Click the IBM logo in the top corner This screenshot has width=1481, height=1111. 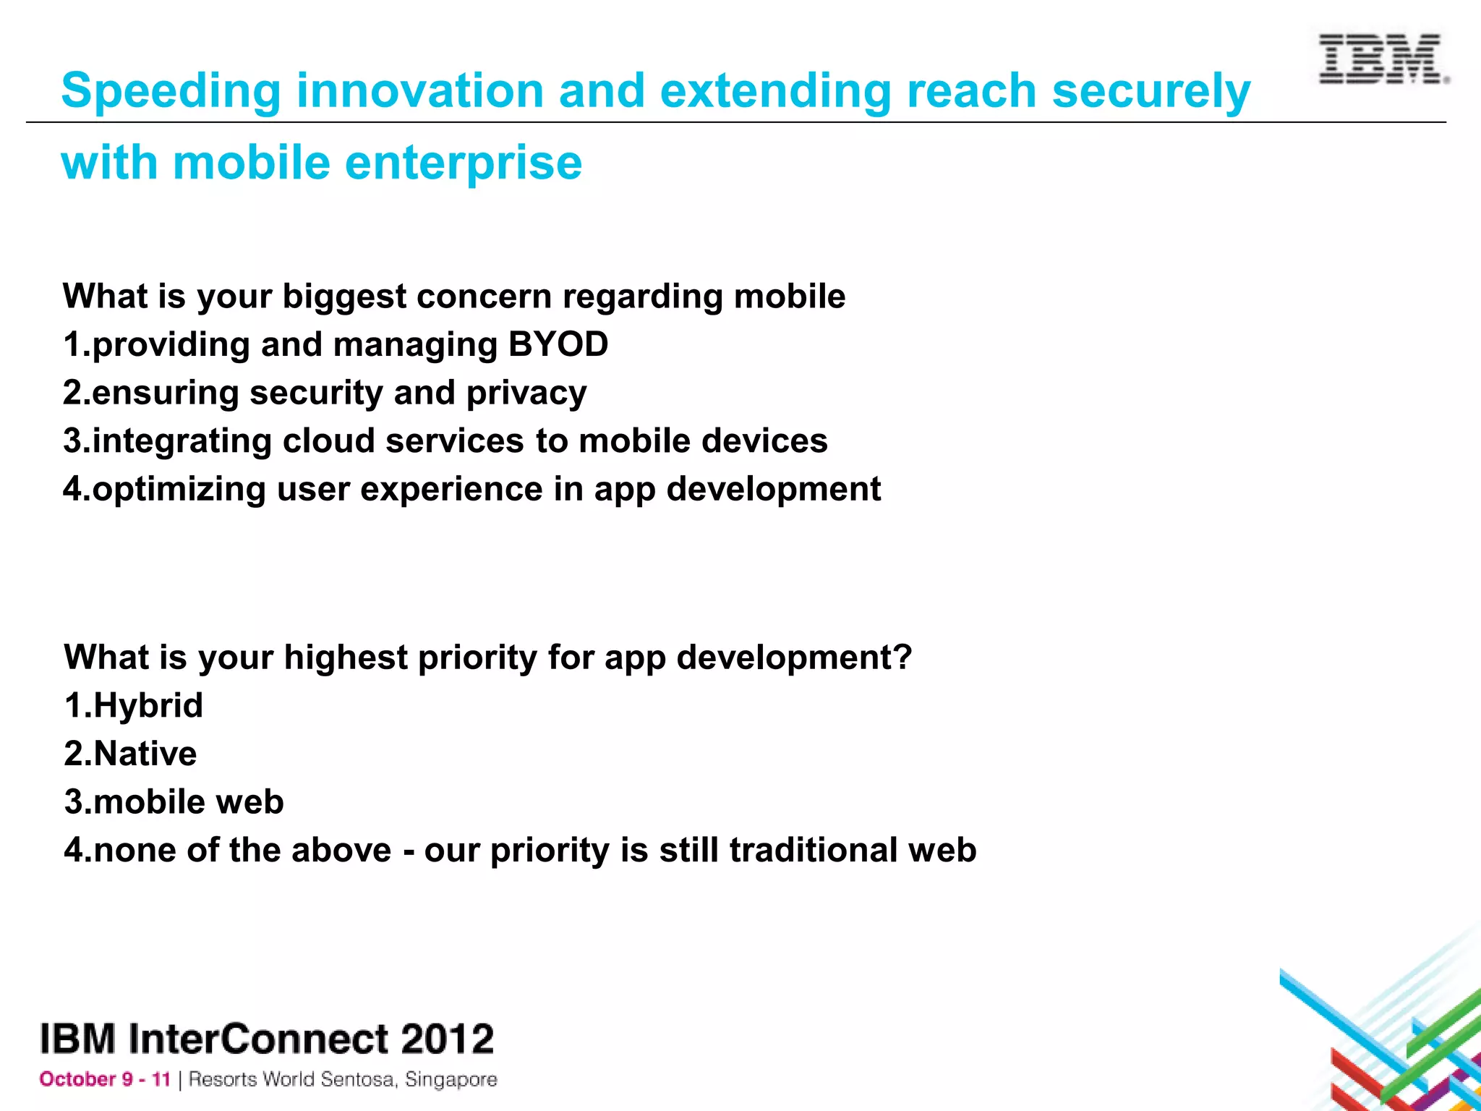tap(1383, 59)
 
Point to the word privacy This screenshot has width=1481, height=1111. tap(526, 393)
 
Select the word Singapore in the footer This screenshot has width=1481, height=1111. tap(451, 1079)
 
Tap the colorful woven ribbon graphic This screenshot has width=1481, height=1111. tap(1396, 1034)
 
